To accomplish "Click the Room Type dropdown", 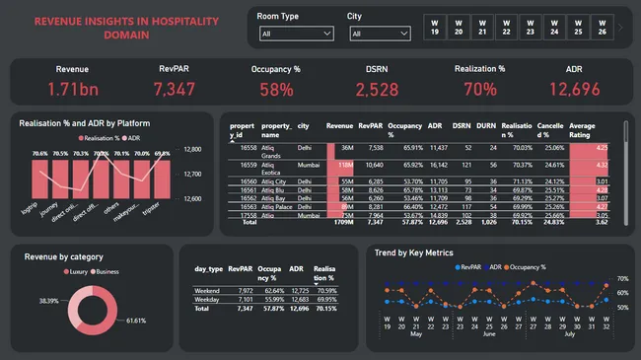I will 293,34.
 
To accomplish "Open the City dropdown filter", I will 378,34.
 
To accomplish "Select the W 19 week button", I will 435,27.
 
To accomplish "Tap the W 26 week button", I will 601,27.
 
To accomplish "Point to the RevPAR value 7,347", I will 174,89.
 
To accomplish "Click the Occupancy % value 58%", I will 276,90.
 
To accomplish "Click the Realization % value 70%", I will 479,90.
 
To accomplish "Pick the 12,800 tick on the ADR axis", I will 192,150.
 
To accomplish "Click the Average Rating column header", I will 582,131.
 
